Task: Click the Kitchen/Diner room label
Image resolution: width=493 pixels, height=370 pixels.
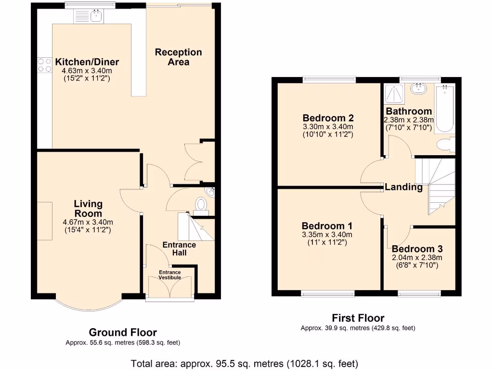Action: tap(87, 62)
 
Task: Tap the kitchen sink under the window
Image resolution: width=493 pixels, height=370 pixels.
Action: tap(89, 16)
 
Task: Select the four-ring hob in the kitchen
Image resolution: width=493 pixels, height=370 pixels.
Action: tap(45, 66)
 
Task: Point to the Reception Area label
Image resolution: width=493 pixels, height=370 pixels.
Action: tap(178, 57)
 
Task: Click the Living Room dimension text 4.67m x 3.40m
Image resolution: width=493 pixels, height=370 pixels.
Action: tap(88, 222)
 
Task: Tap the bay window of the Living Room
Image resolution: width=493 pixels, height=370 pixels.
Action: tap(89, 304)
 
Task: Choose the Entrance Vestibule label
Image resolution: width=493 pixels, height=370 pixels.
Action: tap(170, 275)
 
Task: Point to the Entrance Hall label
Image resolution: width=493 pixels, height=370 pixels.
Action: tap(179, 249)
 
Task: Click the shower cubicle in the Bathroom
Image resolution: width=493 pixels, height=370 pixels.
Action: tap(394, 93)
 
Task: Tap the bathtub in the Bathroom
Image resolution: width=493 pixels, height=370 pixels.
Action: tap(444, 108)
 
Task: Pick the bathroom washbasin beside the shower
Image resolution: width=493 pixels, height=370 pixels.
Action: tap(418, 89)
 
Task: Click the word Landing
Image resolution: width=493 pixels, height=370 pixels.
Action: tap(404, 187)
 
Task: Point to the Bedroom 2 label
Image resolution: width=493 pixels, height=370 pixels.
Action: tap(328, 118)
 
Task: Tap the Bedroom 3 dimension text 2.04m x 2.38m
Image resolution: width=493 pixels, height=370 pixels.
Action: tap(417, 258)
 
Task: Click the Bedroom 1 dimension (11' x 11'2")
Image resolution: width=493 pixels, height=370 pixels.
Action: tap(327, 243)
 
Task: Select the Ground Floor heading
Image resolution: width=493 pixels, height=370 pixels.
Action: tap(123, 332)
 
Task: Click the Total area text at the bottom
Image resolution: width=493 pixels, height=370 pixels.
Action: tap(244, 364)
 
